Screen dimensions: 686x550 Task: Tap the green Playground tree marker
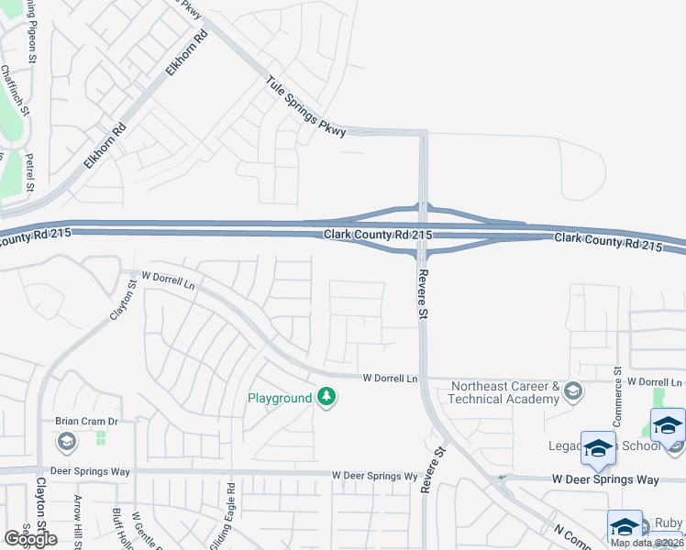[x=326, y=397]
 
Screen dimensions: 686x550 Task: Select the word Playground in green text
[x=280, y=398]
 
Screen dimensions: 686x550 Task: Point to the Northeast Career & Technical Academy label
[x=504, y=392]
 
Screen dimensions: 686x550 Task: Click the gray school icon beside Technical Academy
[x=573, y=391]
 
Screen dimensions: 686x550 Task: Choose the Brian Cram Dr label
[x=87, y=422]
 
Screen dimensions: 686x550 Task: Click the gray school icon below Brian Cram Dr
[x=66, y=443]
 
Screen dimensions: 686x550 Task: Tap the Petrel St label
[x=29, y=173]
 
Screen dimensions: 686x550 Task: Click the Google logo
[x=30, y=539]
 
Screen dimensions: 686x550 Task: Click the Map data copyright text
[x=647, y=543]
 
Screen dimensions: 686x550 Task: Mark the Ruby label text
[x=668, y=523]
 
